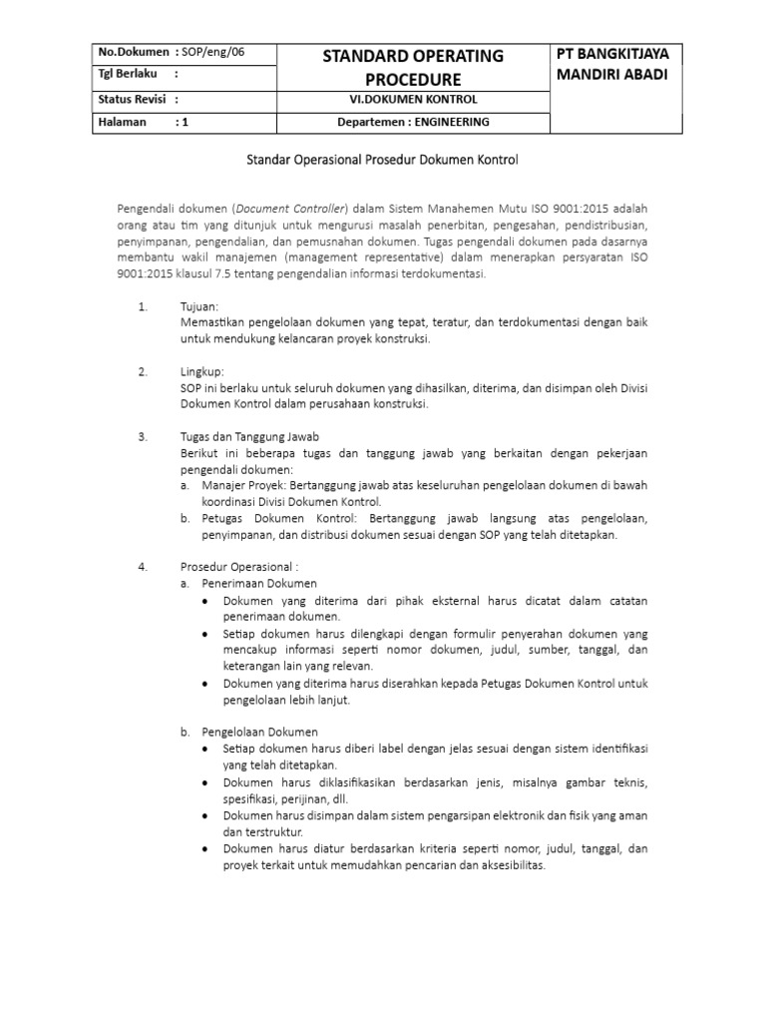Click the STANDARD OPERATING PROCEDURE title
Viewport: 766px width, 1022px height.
(x=411, y=66)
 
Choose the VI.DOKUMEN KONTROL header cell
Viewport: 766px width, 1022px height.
(x=411, y=99)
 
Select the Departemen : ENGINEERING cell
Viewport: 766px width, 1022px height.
(x=411, y=122)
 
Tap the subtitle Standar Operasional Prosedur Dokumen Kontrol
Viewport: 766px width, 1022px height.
(x=383, y=159)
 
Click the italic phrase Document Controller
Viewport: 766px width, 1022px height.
(x=290, y=208)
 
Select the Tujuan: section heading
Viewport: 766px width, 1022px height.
(x=199, y=306)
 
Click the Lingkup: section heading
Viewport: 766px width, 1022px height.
(x=202, y=371)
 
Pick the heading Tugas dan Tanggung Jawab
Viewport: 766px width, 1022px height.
(x=249, y=437)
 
